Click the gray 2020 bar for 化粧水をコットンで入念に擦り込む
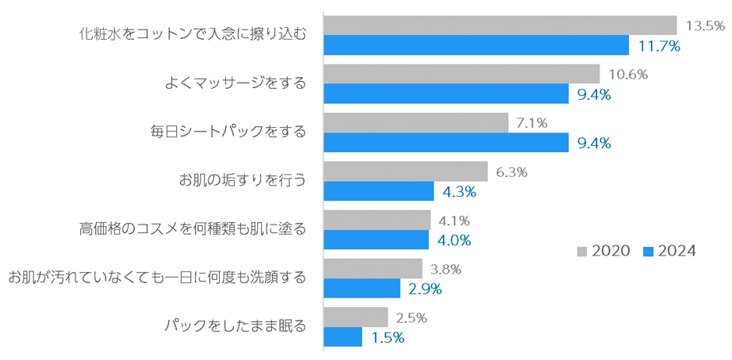click(x=500, y=26)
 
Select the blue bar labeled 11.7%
click(x=476, y=46)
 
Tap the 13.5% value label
click(x=705, y=26)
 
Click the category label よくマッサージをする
click(x=235, y=83)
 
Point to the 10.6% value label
click(x=628, y=75)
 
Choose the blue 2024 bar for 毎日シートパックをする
click(x=446, y=143)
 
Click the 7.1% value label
click(x=532, y=123)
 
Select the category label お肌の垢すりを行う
click(x=242, y=181)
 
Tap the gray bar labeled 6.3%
click(x=405, y=171)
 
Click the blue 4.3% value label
click(x=459, y=192)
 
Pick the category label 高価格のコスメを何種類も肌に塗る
click(x=192, y=229)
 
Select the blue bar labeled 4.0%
click(x=376, y=240)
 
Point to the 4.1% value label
click(x=454, y=221)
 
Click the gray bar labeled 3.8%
click(x=373, y=269)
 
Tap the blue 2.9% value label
click(x=425, y=289)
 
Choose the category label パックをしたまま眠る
click(x=235, y=326)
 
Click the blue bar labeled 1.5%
click(x=343, y=337)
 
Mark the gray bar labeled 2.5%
click(x=355, y=317)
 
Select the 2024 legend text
click(x=676, y=251)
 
